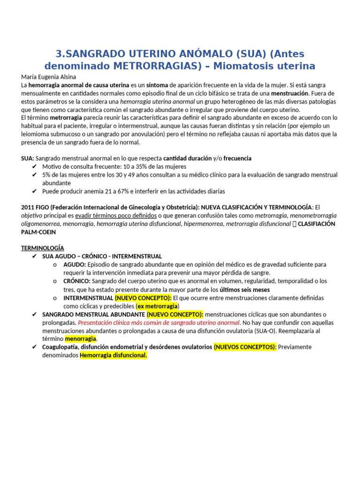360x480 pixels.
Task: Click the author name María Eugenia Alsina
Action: pos(48,77)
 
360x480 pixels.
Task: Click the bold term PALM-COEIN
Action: pos(38,232)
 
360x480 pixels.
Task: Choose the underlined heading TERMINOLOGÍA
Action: pos(43,248)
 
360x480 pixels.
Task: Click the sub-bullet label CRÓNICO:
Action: pos(77,281)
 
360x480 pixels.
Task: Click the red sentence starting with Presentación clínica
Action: pos(159,322)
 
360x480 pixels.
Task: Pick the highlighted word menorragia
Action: pos(81,338)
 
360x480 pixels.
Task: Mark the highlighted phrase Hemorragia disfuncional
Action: pos(113,355)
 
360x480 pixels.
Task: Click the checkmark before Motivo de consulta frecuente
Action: pos(34,167)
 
